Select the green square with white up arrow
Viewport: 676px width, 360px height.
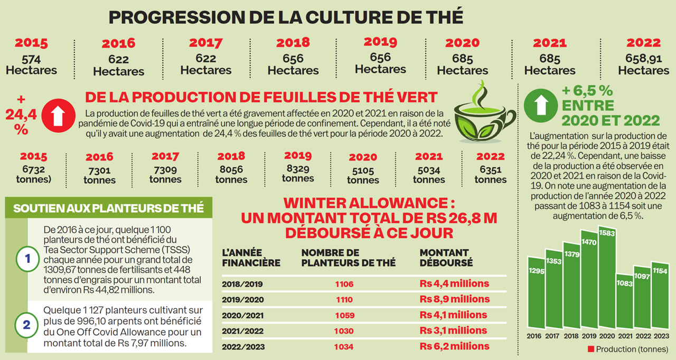[x=540, y=106]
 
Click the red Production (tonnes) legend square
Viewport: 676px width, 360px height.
[x=591, y=349]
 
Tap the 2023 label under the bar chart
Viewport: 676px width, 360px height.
[x=661, y=336]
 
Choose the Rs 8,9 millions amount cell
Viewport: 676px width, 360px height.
[x=454, y=299]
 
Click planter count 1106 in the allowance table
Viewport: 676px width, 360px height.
[x=344, y=284]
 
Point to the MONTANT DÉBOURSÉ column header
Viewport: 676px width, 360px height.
[x=444, y=258]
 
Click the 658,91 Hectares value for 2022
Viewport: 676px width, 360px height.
[x=643, y=64]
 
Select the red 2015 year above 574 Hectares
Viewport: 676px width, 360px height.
[x=31, y=43]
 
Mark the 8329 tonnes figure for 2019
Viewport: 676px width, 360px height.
[x=298, y=173]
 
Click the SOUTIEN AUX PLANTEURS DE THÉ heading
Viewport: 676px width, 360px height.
[x=108, y=208]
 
